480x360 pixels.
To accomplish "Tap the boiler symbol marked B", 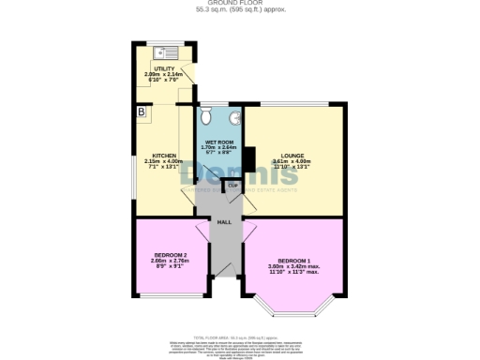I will (142, 112).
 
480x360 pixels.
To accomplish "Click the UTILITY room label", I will (153, 69).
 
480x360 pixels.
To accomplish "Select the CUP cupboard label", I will (232, 186).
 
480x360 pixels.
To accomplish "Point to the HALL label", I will (224, 222).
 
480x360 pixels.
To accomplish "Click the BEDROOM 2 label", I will (172, 256).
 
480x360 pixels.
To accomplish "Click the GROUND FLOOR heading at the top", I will (240, 4).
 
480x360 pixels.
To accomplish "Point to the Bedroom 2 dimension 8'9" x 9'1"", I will (172, 268).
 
